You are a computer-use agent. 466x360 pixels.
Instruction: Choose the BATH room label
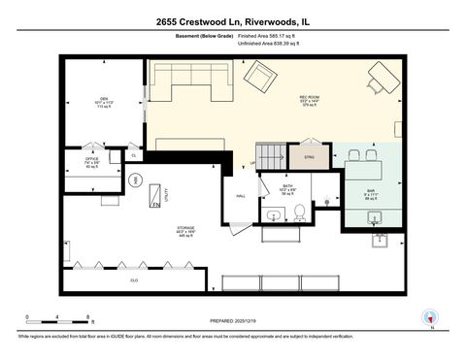click(x=287, y=185)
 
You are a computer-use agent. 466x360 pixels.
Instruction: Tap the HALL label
click(x=241, y=196)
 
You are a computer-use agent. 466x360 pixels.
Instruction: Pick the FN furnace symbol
click(x=154, y=205)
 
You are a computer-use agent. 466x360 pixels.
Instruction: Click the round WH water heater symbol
click(x=137, y=180)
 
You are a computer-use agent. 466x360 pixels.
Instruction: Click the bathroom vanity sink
click(x=274, y=216)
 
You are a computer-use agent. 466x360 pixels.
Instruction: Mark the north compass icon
click(x=428, y=316)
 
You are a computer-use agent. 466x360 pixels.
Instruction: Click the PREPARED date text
click(x=233, y=320)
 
